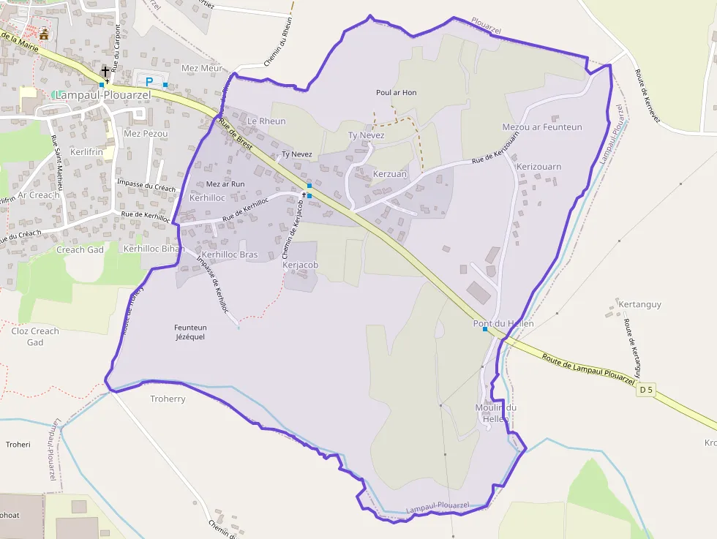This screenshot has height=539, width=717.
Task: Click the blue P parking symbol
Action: click(150, 82)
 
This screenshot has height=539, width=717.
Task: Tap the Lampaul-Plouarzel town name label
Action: click(102, 95)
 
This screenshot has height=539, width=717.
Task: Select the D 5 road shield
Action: click(645, 391)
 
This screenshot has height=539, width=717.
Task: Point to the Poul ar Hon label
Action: click(396, 93)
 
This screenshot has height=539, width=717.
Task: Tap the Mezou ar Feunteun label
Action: click(542, 127)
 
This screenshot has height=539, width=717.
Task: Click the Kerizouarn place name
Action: click(538, 167)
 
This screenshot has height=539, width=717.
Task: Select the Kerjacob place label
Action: click(300, 265)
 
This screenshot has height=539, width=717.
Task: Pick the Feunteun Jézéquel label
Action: click(189, 332)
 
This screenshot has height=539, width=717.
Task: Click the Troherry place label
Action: click(168, 399)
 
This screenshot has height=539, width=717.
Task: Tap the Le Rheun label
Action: click(266, 121)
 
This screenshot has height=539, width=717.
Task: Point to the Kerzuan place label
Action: click(389, 174)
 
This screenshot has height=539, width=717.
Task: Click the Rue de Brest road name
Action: click(236, 135)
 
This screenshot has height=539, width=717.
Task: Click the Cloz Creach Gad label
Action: click(35, 336)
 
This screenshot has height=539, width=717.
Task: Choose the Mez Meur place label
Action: click(201, 68)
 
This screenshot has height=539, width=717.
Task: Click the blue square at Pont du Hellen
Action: click(485, 329)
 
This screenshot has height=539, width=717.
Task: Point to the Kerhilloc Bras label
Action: click(229, 255)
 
